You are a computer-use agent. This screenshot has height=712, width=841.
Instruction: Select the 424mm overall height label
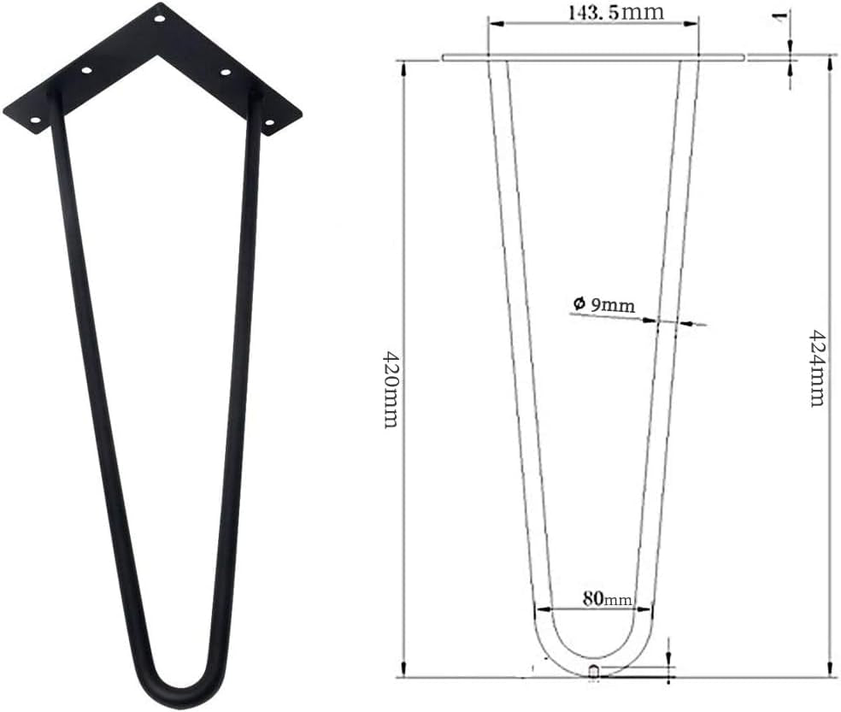pyautogui.click(x=816, y=368)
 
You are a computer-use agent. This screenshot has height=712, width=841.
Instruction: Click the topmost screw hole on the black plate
pyautogui.click(x=158, y=18)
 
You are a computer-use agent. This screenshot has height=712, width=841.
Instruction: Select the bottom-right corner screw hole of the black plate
pyautogui.click(x=269, y=124)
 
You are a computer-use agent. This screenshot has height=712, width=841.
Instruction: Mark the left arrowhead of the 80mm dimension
pyautogui.click(x=538, y=609)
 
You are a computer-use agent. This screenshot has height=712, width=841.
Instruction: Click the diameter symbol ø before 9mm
pyautogui.click(x=579, y=303)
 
